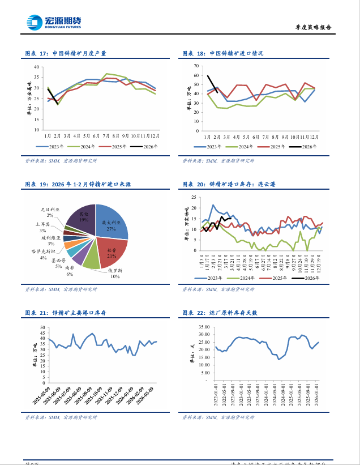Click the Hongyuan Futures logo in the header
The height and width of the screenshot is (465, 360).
tap(54, 23)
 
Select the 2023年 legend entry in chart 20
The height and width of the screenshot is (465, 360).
tap(211, 278)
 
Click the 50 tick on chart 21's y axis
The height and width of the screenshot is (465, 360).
tap(42, 327)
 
